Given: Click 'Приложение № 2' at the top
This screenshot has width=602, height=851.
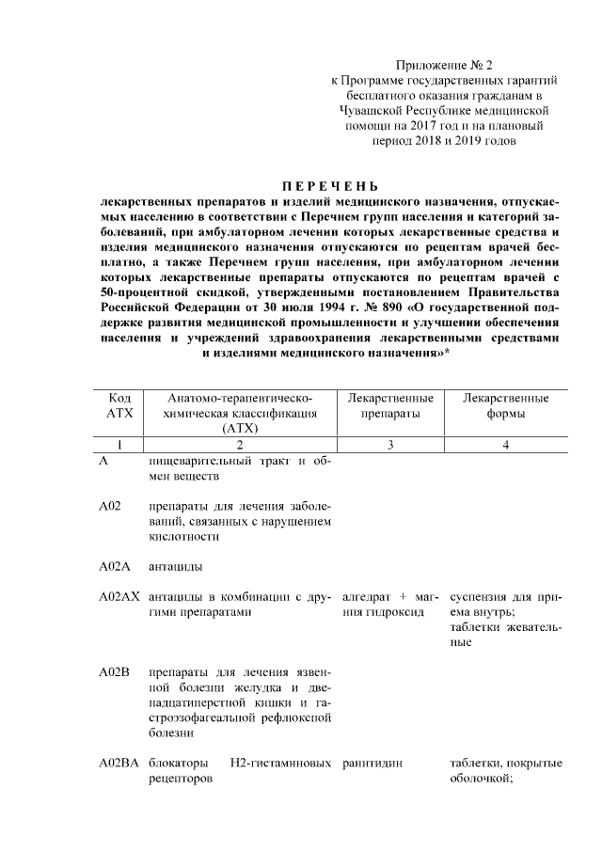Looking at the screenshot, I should click(x=445, y=65).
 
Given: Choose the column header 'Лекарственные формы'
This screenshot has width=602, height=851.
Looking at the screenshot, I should click(x=506, y=405).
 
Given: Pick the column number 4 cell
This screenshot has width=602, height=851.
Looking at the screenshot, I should click(x=506, y=445).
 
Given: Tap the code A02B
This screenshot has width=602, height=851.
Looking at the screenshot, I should click(x=114, y=673).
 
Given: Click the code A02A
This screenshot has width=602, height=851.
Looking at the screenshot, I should click(x=114, y=567).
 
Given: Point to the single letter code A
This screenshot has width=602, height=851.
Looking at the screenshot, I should click(x=103, y=461).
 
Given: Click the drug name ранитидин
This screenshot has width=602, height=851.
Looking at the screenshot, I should click(x=372, y=763).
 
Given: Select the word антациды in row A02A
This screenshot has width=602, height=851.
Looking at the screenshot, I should click(x=176, y=567).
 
